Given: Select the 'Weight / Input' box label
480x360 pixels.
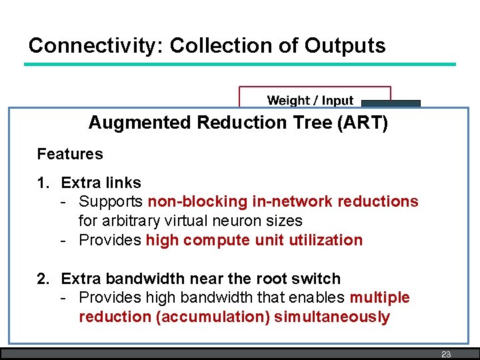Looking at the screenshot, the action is (310, 101).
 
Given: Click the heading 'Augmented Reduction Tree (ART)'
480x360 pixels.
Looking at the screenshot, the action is (238, 123).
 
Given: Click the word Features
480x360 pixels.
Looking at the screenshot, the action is (70, 154).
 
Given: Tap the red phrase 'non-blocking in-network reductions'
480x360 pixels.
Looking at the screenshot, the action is (283, 201).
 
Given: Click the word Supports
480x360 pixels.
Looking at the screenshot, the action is (111, 201).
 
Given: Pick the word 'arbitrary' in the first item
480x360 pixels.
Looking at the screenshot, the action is (132, 221).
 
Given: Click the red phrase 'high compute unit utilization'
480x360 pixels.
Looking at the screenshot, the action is (254, 240).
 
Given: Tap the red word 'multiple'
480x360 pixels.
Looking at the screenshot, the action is (379, 297).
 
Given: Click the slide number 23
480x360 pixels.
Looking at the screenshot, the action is (446, 354).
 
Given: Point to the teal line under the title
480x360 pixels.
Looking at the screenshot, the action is (240, 65).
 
